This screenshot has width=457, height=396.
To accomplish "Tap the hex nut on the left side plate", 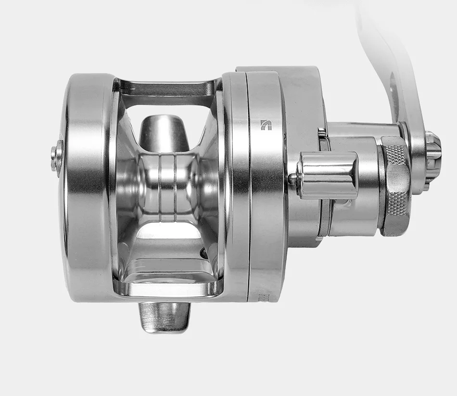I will click(x=57, y=155).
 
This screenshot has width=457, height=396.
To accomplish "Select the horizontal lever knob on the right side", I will click(x=328, y=175).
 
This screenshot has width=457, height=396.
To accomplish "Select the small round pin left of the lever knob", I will click(x=292, y=179).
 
